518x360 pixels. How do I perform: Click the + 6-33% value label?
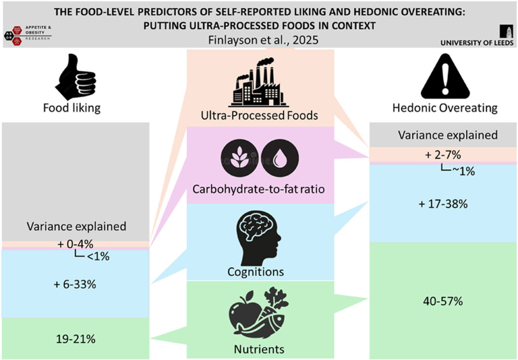click(x=75, y=284)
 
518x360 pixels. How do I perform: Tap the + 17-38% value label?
click(x=443, y=204)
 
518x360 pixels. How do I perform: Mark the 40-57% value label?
click(x=444, y=301)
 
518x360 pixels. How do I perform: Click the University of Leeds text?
click(x=477, y=43)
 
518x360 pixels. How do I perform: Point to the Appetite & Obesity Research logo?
click(x=28, y=33)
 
